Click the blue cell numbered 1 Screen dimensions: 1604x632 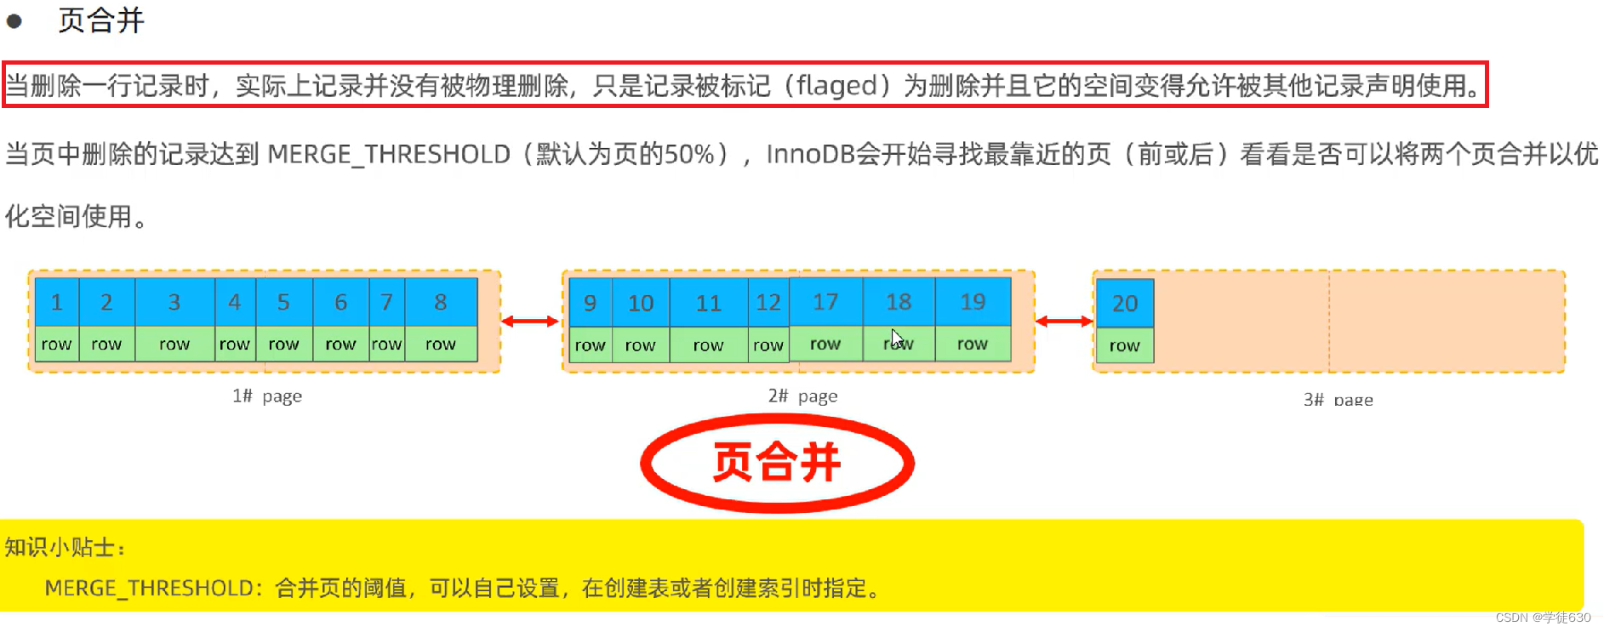coord(56,302)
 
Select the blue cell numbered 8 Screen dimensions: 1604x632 coord(440,302)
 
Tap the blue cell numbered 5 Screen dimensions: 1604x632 coord(283,302)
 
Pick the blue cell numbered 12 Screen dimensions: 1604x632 coord(768,303)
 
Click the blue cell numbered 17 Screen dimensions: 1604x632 coord(825,302)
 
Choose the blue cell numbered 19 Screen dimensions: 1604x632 coord(972,302)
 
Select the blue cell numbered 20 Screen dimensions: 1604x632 coord(1124,304)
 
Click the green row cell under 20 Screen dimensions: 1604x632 coord(1124,346)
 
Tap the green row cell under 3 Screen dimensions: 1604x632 coord(174,344)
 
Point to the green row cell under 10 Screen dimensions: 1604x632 coord(640,345)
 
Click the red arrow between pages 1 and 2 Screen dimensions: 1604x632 coord(529,322)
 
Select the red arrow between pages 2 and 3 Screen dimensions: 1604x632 coord(1064,322)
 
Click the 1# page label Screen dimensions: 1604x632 coord(267,396)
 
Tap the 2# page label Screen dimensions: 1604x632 coord(802,396)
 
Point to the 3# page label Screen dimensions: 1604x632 coord(1338,400)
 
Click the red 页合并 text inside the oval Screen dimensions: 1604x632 coord(776,463)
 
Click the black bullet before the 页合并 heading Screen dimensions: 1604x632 coord(14,21)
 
